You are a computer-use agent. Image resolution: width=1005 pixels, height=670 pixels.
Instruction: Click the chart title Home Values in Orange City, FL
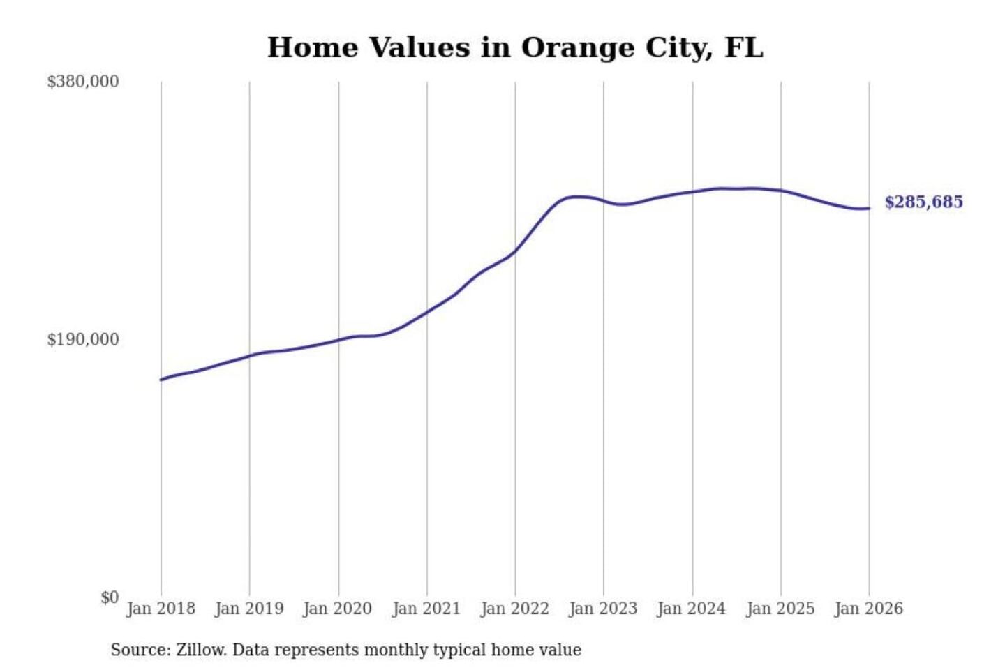tap(515, 47)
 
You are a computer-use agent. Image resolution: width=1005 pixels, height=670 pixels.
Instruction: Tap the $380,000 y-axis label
tap(83, 82)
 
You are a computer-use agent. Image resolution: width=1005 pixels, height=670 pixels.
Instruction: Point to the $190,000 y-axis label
tap(83, 339)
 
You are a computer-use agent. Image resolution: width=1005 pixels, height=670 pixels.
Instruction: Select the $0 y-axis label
tap(110, 597)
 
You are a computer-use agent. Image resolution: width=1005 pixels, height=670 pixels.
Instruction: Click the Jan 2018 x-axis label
tap(161, 609)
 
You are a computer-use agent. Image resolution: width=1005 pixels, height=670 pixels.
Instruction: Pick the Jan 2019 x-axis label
tap(249, 609)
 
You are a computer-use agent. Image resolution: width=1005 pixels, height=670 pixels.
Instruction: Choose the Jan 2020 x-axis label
tap(338, 609)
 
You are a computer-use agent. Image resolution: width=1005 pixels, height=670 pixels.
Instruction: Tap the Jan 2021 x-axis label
tap(426, 609)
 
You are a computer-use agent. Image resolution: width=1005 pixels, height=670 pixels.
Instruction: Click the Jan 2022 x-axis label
tap(515, 609)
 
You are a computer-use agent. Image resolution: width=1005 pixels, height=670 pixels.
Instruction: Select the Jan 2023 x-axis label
tap(603, 609)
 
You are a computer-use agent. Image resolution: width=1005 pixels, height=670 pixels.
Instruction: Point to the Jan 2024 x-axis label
tap(692, 609)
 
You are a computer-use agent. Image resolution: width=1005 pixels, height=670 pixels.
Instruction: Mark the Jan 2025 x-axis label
tap(780, 609)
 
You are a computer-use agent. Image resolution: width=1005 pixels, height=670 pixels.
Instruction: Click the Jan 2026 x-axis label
tap(869, 609)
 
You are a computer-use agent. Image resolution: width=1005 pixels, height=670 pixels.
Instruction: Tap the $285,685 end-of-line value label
tap(923, 202)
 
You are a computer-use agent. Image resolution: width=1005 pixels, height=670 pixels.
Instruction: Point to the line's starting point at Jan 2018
tap(161, 380)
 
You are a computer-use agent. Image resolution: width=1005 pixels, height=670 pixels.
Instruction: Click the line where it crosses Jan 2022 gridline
tap(515, 251)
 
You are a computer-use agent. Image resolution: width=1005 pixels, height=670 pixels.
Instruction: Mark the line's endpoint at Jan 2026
tap(869, 208)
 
